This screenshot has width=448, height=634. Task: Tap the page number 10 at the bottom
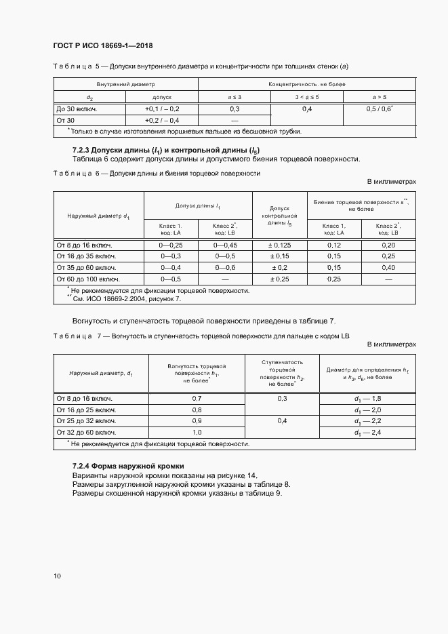[x=57, y=576]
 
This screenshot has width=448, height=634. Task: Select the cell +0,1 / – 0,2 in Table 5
[x=162, y=108]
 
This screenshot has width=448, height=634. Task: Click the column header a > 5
[x=380, y=97]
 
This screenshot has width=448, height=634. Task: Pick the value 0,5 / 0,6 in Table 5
[x=380, y=108]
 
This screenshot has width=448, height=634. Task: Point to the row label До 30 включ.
[x=76, y=108]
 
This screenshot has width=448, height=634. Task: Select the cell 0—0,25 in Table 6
[x=171, y=245]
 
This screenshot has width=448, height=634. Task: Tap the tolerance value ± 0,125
[x=280, y=245]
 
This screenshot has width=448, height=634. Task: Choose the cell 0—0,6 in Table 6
[x=225, y=267]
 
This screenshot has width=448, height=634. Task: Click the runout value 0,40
[x=388, y=267]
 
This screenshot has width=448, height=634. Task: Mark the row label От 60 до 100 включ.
[x=88, y=279]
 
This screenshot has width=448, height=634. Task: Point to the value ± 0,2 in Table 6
[x=280, y=267]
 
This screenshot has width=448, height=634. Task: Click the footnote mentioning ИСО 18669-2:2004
[x=124, y=298]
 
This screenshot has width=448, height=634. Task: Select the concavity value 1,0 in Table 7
[x=197, y=432]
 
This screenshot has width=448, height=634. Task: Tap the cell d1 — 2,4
[x=369, y=432]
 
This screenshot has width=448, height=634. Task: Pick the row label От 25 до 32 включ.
[x=86, y=421]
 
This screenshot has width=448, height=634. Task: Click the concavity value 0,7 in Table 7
[x=197, y=399]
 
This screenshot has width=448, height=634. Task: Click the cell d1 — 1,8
[x=369, y=399]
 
